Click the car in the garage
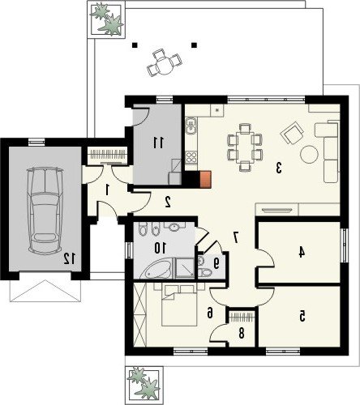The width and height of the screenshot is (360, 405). (45, 211)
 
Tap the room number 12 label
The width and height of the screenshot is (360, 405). (69, 259)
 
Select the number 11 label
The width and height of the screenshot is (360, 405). (158, 143)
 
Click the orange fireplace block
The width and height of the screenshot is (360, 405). (205, 179)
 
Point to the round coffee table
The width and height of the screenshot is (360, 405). (309, 154)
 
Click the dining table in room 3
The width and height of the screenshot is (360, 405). (245, 147)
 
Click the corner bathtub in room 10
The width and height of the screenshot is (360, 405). (156, 269)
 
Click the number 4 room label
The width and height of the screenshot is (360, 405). (302, 253)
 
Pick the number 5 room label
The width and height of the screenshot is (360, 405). (302, 316)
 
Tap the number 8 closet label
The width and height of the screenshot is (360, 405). (242, 334)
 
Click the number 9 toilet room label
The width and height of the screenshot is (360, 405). (216, 263)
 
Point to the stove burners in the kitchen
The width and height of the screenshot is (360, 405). (191, 157)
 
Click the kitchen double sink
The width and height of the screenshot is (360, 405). (191, 126)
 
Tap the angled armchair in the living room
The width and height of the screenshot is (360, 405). (292, 133)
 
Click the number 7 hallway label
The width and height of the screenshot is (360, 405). (236, 237)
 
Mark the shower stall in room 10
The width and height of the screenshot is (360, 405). (185, 268)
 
